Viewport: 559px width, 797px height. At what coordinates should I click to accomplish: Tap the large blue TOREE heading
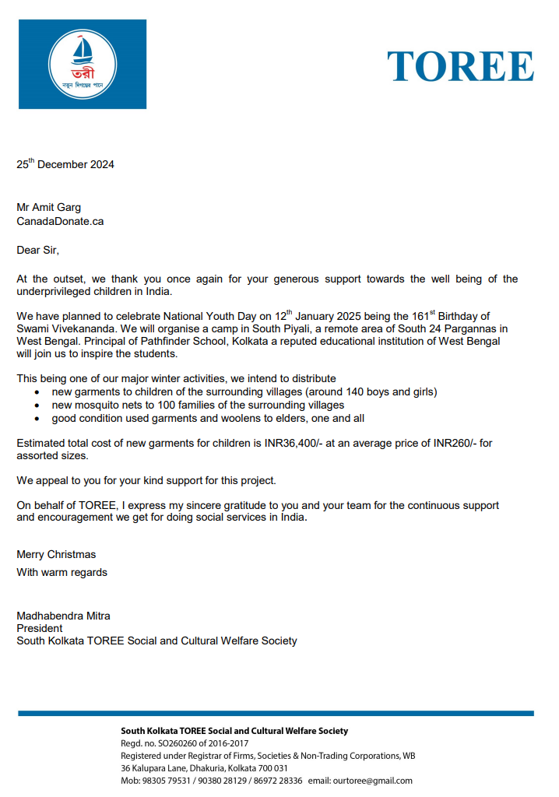pyautogui.click(x=460, y=66)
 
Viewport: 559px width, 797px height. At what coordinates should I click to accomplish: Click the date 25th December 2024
pyautogui.click(x=65, y=164)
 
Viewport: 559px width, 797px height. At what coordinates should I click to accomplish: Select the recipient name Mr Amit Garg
pyautogui.click(x=48, y=207)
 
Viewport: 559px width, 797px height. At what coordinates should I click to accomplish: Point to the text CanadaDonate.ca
pyautogui.click(x=60, y=221)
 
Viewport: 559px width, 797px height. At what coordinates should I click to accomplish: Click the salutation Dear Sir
pyautogui.click(x=37, y=250)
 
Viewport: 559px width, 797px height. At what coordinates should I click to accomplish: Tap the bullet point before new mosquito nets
pyautogui.click(x=39, y=405)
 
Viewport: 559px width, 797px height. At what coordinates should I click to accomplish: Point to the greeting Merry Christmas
pyautogui.click(x=56, y=554)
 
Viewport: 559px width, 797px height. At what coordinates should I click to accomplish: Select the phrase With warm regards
pyautogui.click(x=62, y=572)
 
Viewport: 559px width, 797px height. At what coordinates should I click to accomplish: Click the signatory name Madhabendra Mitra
pyautogui.click(x=63, y=616)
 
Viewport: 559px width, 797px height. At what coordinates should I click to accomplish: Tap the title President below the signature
pyautogui.click(x=40, y=628)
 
